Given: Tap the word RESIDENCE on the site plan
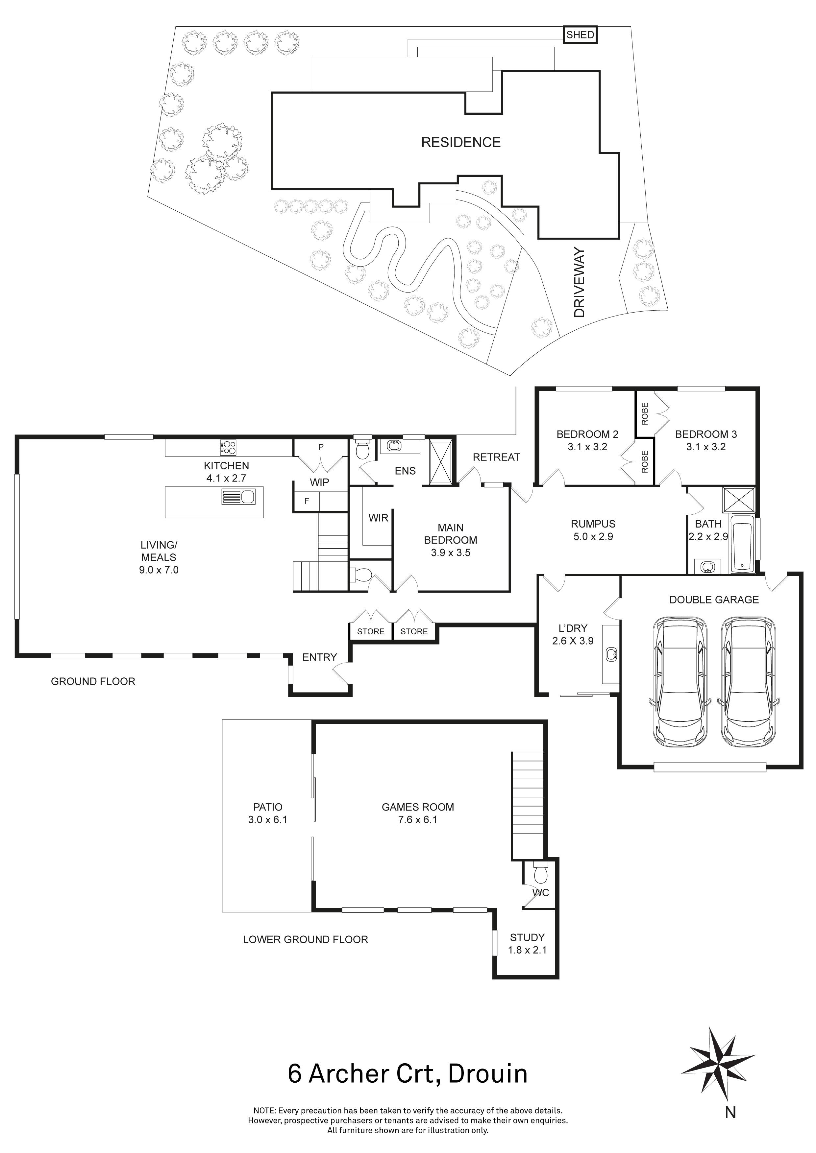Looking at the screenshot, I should pos(461,143).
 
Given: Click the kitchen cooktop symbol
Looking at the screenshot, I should pos(228,445).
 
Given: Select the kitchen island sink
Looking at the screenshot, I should pos(239,497).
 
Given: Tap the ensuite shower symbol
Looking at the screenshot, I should pos(440,462).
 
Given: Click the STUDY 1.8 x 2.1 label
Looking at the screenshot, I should pos(527,944).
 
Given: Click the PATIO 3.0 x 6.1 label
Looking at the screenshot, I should pos(267,813).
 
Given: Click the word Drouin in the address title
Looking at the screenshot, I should pos(487,1074).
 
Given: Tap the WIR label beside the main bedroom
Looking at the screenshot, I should pos(378,518).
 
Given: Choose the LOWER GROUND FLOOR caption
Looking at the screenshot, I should pos(305,940).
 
